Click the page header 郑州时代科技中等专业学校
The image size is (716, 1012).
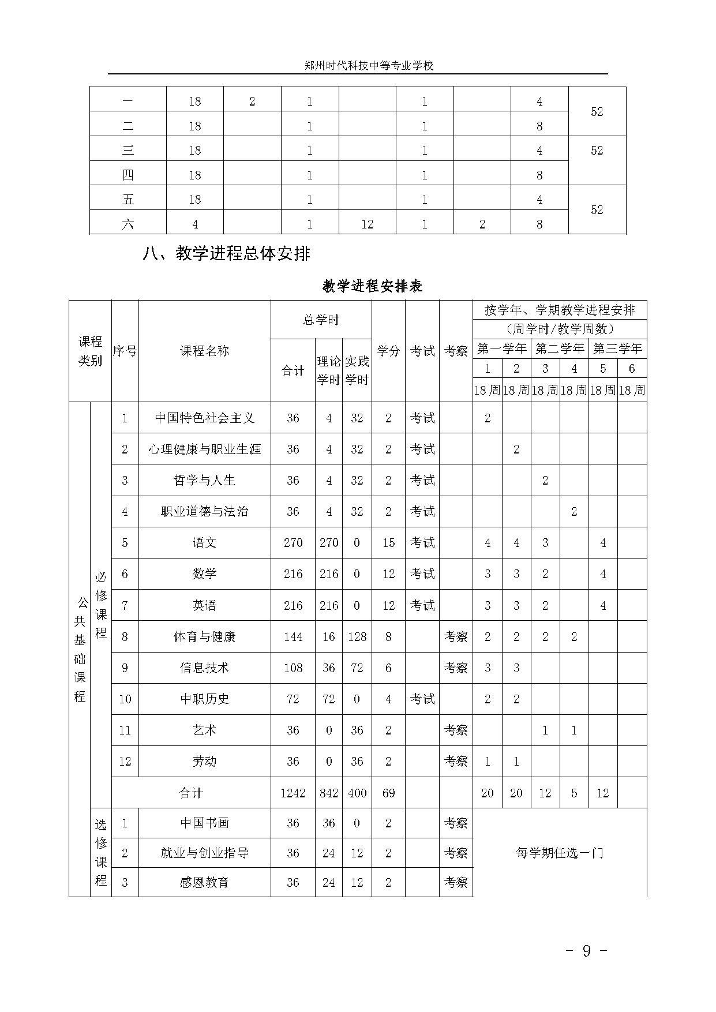[x=369, y=66]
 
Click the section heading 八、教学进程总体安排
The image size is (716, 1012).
[x=226, y=254]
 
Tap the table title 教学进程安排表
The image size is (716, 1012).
[x=372, y=286]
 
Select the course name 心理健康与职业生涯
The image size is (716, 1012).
[x=205, y=449]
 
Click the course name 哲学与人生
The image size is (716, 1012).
[x=205, y=481]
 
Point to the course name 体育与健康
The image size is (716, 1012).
[x=205, y=637]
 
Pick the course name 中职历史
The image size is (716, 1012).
[x=205, y=699]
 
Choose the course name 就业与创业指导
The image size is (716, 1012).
[x=205, y=853]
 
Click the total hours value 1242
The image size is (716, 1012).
[x=293, y=793]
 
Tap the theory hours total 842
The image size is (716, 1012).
[x=329, y=793]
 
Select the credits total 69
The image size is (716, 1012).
[x=388, y=793]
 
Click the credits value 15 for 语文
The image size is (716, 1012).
[x=388, y=543]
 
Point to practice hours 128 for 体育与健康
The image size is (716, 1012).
[x=357, y=637]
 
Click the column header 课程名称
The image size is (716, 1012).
[x=205, y=351]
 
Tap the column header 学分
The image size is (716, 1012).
[x=388, y=351]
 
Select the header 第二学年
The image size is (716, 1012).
[x=560, y=348]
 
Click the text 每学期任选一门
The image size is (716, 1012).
[x=560, y=853]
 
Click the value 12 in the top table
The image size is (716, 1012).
[x=368, y=224]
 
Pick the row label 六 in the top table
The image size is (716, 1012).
[x=128, y=224]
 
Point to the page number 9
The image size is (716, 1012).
[x=587, y=951]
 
